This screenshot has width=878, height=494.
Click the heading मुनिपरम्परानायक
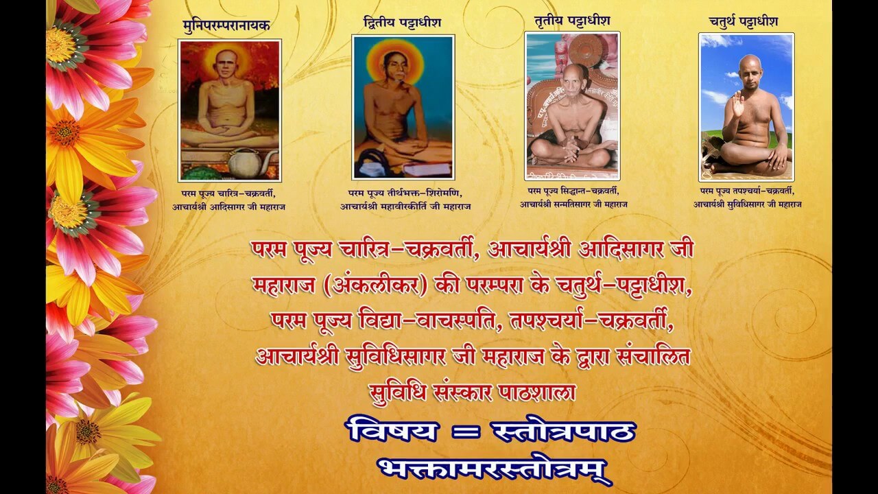pyautogui.click(x=226, y=26)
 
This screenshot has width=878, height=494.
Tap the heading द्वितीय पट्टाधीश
pyautogui.click(x=402, y=23)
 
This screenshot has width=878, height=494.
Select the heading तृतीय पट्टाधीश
pyautogui.click(x=572, y=21)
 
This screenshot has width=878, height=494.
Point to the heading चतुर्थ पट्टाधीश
pyautogui.click(x=744, y=21)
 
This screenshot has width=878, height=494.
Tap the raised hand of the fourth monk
pyautogui.click(x=737, y=103)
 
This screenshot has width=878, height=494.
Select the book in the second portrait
pyautogui.click(x=427, y=169)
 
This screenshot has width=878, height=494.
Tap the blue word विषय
pyautogui.click(x=392, y=430)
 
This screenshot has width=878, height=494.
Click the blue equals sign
pyautogui.click(x=465, y=432)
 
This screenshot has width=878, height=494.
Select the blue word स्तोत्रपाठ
pyautogui.click(x=564, y=430)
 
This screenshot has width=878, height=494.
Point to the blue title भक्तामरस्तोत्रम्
pyautogui.click(x=495, y=470)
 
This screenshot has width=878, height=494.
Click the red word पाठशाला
pyautogui.click(x=537, y=392)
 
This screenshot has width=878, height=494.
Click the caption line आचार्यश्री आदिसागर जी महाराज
pyautogui.click(x=229, y=207)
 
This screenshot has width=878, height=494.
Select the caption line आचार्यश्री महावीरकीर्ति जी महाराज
pyautogui.click(x=405, y=207)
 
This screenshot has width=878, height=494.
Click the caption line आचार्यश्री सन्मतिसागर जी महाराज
pyautogui.click(x=573, y=204)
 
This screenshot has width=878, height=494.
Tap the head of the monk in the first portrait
pyautogui.click(x=226, y=64)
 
